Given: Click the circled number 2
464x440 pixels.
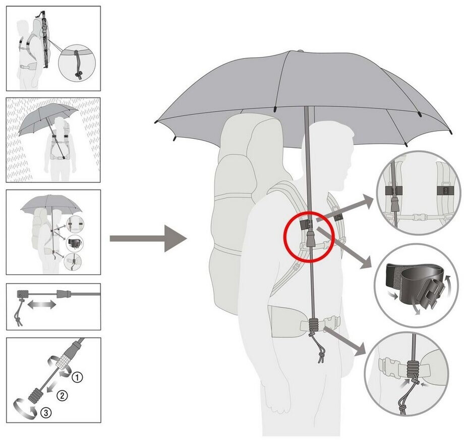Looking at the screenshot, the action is [62, 396].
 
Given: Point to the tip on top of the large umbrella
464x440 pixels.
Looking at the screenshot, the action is [302, 51].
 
